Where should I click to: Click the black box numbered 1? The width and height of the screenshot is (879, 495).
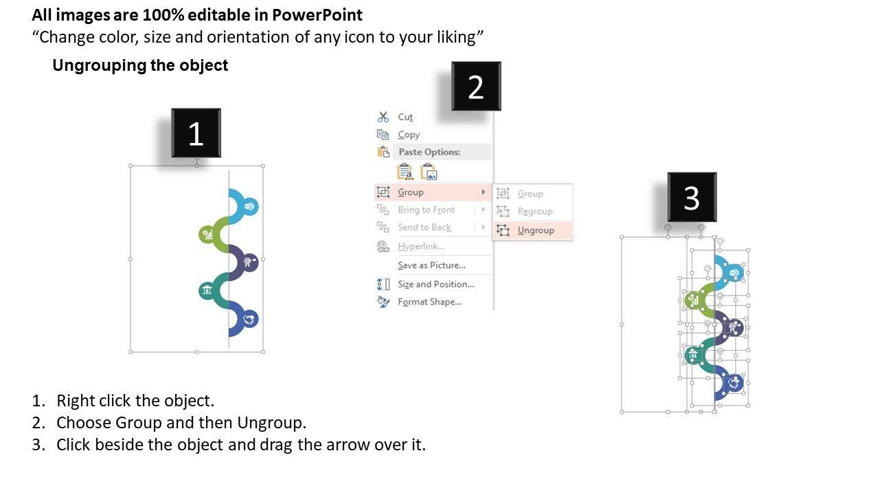click(x=196, y=133)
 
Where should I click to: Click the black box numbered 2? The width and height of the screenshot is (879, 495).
click(x=476, y=86)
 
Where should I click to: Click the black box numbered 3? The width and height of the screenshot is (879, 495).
click(x=692, y=197)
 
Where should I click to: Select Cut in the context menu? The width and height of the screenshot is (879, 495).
click(x=405, y=117)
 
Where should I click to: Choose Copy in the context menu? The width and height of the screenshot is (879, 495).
click(x=409, y=135)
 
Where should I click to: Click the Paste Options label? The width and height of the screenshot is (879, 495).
click(x=430, y=152)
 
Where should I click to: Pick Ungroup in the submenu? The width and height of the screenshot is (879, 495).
click(x=536, y=230)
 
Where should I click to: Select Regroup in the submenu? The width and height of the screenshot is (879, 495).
click(x=535, y=211)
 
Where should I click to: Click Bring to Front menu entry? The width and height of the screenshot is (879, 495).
click(x=426, y=210)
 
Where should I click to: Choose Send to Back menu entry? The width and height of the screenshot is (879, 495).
click(x=424, y=227)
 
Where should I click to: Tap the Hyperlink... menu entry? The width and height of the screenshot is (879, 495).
click(x=421, y=246)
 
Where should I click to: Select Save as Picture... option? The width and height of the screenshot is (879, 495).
click(x=432, y=265)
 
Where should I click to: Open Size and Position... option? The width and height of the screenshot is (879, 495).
click(x=436, y=284)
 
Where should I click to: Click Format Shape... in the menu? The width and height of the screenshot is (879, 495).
click(x=430, y=302)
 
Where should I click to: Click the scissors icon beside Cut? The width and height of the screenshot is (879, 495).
click(x=383, y=117)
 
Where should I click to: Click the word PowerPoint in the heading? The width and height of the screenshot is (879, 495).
click(x=317, y=15)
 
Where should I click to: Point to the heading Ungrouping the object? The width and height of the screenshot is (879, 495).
click(x=140, y=65)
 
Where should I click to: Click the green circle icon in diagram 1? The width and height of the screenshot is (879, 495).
click(x=207, y=234)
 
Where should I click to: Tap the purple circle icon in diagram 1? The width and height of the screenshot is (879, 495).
click(x=249, y=262)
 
